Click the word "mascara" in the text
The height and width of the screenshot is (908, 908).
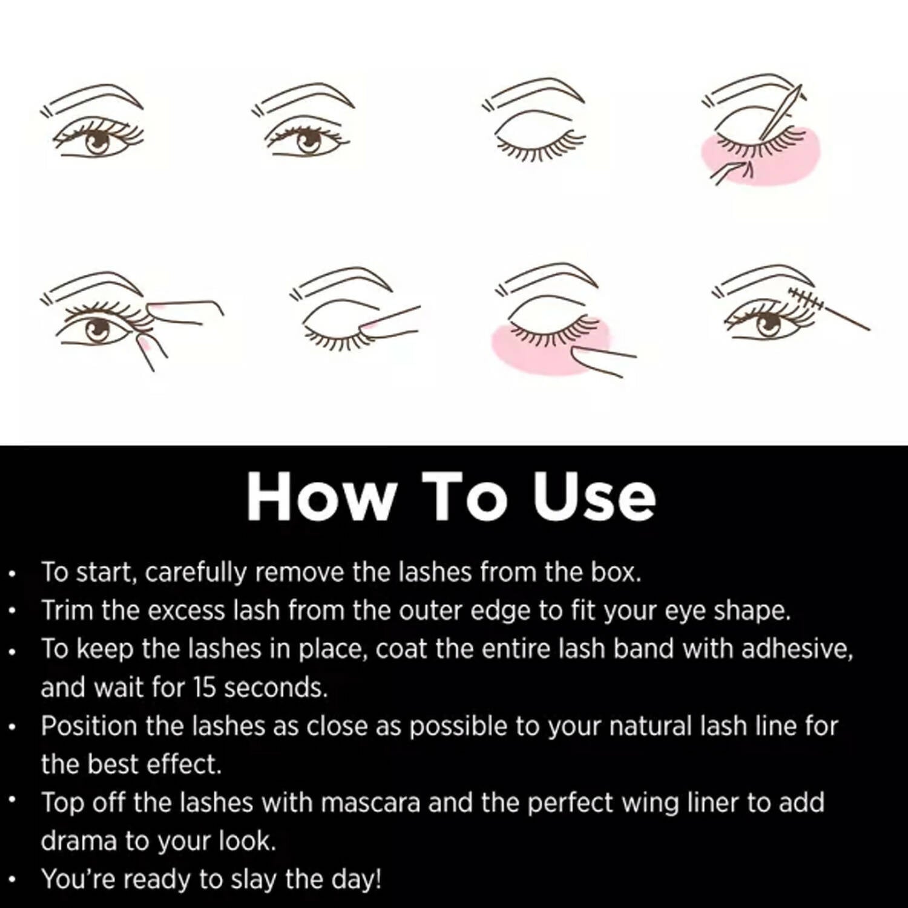370,803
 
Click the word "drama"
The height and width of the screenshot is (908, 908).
78,841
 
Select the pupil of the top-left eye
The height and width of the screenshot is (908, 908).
97,143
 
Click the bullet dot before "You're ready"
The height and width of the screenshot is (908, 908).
13,880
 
